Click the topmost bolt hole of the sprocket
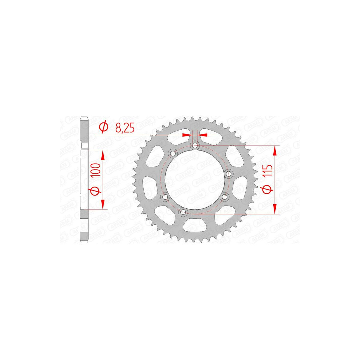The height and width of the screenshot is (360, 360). [195, 145]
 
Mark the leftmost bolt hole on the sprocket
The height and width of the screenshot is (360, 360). [165, 197]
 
